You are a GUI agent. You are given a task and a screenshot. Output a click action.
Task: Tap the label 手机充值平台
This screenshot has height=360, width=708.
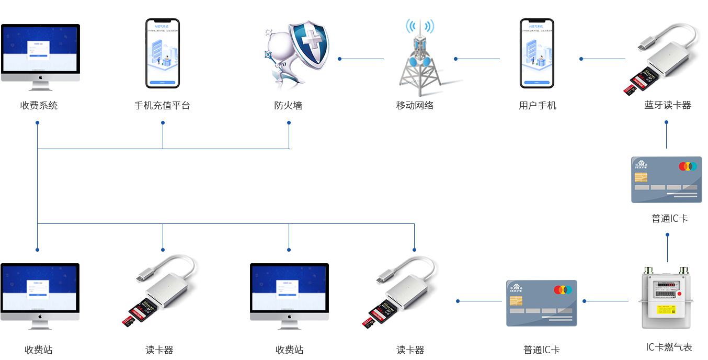point(162,106)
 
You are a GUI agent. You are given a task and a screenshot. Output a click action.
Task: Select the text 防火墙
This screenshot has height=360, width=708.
point(289,106)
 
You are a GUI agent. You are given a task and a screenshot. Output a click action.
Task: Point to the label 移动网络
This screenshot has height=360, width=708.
point(415,106)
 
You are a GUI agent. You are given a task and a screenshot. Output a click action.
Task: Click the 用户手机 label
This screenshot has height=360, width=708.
point(537,106)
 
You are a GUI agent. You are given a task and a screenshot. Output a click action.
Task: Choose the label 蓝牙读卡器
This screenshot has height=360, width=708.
point(667,106)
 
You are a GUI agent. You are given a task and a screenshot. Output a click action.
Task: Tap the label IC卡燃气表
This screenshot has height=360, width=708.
point(669,347)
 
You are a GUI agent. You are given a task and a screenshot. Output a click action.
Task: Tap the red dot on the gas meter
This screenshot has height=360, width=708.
point(680,294)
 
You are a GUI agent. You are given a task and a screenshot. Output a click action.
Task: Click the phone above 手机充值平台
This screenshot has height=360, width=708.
point(163,53)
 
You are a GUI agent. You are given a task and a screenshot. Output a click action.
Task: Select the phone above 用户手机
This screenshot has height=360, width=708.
point(537,53)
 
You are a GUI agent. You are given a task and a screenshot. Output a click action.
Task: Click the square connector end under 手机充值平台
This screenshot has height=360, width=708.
point(163,122)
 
